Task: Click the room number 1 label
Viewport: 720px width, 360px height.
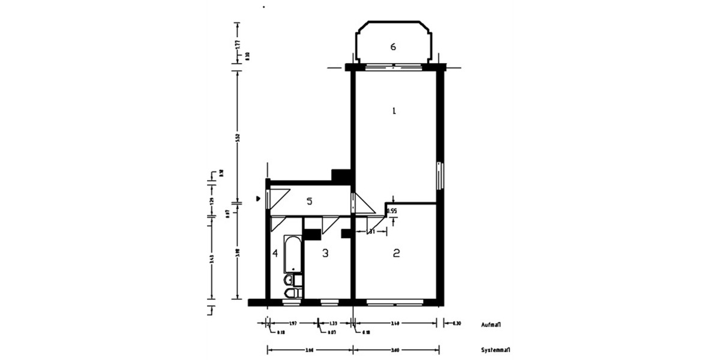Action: click(x=394, y=110)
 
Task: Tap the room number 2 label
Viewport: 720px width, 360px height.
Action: click(x=396, y=253)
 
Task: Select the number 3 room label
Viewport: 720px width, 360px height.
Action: click(x=325, y=253)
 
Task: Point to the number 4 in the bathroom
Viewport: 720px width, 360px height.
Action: click(x=275, y=253)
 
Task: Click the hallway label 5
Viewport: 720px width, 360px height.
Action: click(x=309, y=201)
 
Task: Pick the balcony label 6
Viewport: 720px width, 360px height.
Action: click(x=393, y=47)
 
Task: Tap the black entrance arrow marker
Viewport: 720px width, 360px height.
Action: click(x=258, y=197)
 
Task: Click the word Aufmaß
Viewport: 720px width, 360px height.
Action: click(x=491, y=325)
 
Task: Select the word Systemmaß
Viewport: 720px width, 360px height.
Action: click(x=495, y=350)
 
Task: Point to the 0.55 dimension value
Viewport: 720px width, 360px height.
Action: click(x=392, y=211)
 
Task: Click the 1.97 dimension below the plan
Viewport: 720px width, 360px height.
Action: click(x=293, y=324)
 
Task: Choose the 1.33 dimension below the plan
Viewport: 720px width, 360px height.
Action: click(x=334, y=324)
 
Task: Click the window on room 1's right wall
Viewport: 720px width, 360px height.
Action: click(x=440, y=175)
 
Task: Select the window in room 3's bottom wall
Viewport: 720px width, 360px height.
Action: click(x=328, y=302)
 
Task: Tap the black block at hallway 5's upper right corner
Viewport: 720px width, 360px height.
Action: click(x=341, y=176)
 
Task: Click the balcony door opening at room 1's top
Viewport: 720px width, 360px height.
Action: click(x=393, y=66)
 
